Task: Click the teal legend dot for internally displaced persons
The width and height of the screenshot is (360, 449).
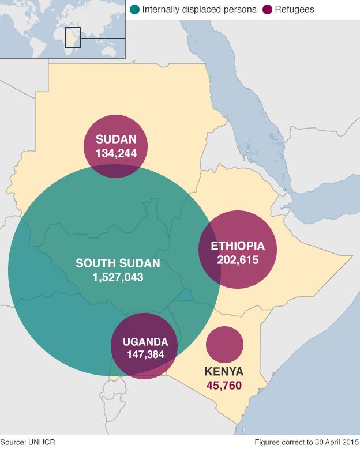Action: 135,10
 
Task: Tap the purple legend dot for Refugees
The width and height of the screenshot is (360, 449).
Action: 267,10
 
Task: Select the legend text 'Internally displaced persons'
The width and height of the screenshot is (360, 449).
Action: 199,10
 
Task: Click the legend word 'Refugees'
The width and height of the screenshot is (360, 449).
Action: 294,10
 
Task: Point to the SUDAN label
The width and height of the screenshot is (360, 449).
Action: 116,139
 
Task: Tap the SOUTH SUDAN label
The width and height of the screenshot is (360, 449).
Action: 118,263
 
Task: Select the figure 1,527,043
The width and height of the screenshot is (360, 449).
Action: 118,277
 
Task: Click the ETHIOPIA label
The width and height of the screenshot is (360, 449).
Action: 238,246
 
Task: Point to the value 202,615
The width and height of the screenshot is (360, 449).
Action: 238,259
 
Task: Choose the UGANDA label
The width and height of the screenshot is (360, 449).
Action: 145,341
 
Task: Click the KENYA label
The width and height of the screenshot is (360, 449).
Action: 224,371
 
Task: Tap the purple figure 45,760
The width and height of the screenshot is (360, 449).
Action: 224,386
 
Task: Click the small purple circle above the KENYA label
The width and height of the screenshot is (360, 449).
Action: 224,344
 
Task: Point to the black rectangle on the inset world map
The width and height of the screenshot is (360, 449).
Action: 73,37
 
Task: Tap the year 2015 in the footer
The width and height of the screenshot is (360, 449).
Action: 347,442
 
